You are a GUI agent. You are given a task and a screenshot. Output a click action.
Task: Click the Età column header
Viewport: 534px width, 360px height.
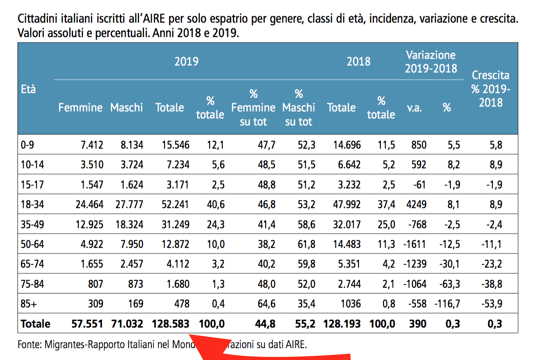[28, 89]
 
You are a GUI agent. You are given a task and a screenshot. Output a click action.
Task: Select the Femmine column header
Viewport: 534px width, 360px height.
[81, 107]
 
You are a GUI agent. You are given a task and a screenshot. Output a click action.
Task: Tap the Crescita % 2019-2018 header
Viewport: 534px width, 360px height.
[490, 89]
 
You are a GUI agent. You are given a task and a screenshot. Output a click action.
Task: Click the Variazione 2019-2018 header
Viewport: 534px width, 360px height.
[431, 62]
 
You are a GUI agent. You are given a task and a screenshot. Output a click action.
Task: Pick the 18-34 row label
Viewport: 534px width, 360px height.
[32, 205]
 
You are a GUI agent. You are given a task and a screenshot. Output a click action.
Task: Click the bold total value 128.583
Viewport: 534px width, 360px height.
[171, 324]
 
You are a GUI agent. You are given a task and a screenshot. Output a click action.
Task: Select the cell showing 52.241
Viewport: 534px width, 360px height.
[173, 205]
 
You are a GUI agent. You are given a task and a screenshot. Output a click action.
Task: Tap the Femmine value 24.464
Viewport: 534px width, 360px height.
[89, 205]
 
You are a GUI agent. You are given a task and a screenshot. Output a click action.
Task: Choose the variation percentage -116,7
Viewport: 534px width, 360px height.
[447, 304]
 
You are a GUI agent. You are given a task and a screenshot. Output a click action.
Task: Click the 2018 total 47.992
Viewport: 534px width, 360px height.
[344, 205]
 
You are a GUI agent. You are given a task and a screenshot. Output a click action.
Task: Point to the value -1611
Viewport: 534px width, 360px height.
[414, 244]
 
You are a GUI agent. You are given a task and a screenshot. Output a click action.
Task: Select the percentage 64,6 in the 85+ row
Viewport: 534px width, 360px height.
[266, 304]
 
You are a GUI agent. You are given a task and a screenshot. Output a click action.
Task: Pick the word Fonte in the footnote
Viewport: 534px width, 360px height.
[29, 344]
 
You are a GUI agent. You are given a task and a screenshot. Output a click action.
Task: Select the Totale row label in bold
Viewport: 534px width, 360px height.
[35, 324]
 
